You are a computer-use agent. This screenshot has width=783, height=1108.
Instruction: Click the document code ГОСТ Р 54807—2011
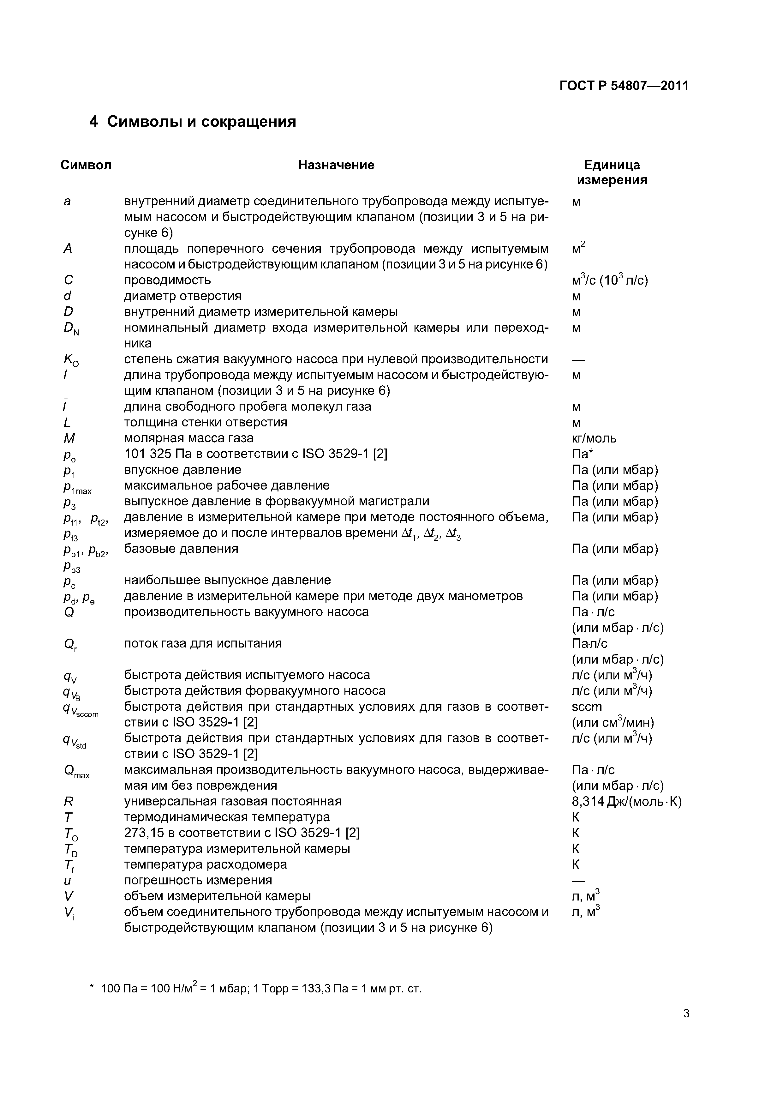[624, 86]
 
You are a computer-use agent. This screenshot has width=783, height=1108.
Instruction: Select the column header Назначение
[336, 165]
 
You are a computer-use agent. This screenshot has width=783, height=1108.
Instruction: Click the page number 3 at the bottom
[686, 1014]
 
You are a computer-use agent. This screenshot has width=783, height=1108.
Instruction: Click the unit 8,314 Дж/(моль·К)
[626, 802]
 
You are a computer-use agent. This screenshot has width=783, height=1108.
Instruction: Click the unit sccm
[587, 707]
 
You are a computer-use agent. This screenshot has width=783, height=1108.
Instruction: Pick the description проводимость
[167, 280]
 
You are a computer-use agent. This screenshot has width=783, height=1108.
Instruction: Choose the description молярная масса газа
[188, 438]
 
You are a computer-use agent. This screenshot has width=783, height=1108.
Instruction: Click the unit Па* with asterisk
[582, 454]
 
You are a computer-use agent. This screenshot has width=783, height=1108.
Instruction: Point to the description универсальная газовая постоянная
[233, 802]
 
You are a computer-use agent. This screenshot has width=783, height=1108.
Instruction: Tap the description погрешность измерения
[198, 880]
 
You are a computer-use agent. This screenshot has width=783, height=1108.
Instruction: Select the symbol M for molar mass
[69, 438]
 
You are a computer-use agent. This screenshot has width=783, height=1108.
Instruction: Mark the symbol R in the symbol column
[68, 802]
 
